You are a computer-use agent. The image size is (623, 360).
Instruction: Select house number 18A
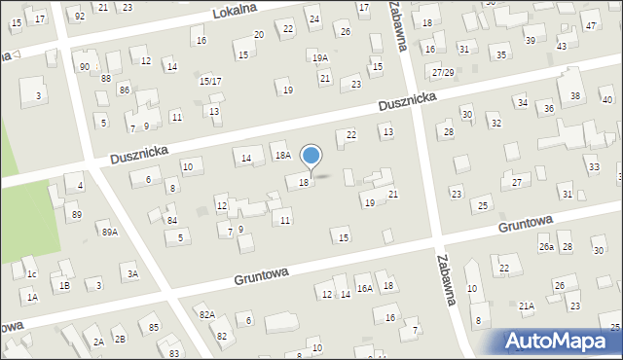(x=282, y=155)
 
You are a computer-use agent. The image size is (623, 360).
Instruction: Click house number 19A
(x=319, y=58)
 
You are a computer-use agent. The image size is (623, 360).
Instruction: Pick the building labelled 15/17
(x=210, y=81)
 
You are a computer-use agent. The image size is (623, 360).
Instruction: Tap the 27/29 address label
(x=444, y=73)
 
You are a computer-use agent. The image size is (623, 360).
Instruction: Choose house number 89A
(x=109, y=232)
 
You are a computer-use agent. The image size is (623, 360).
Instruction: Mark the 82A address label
(x=206, y=314)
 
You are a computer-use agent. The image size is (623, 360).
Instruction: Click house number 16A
(x=364, y=288)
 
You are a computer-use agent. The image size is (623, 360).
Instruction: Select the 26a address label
(x=547, y=247)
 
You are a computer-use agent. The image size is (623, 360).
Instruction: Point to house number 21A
(x=526, y=306)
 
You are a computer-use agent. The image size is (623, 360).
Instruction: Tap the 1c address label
(x=31, y=274)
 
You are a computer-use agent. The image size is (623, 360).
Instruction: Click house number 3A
(x=131, y=274)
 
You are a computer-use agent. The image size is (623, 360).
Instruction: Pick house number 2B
(x=119, y=339)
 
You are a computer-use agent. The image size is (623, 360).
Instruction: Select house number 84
(x=171, y=221)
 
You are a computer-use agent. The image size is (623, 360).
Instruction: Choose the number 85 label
(x=154, y=326)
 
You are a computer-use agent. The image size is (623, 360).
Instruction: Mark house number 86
(x=124, y=90)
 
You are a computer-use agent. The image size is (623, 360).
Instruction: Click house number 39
(x=530, y=40)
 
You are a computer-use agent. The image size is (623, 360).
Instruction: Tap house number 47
(x=592, y=25)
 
